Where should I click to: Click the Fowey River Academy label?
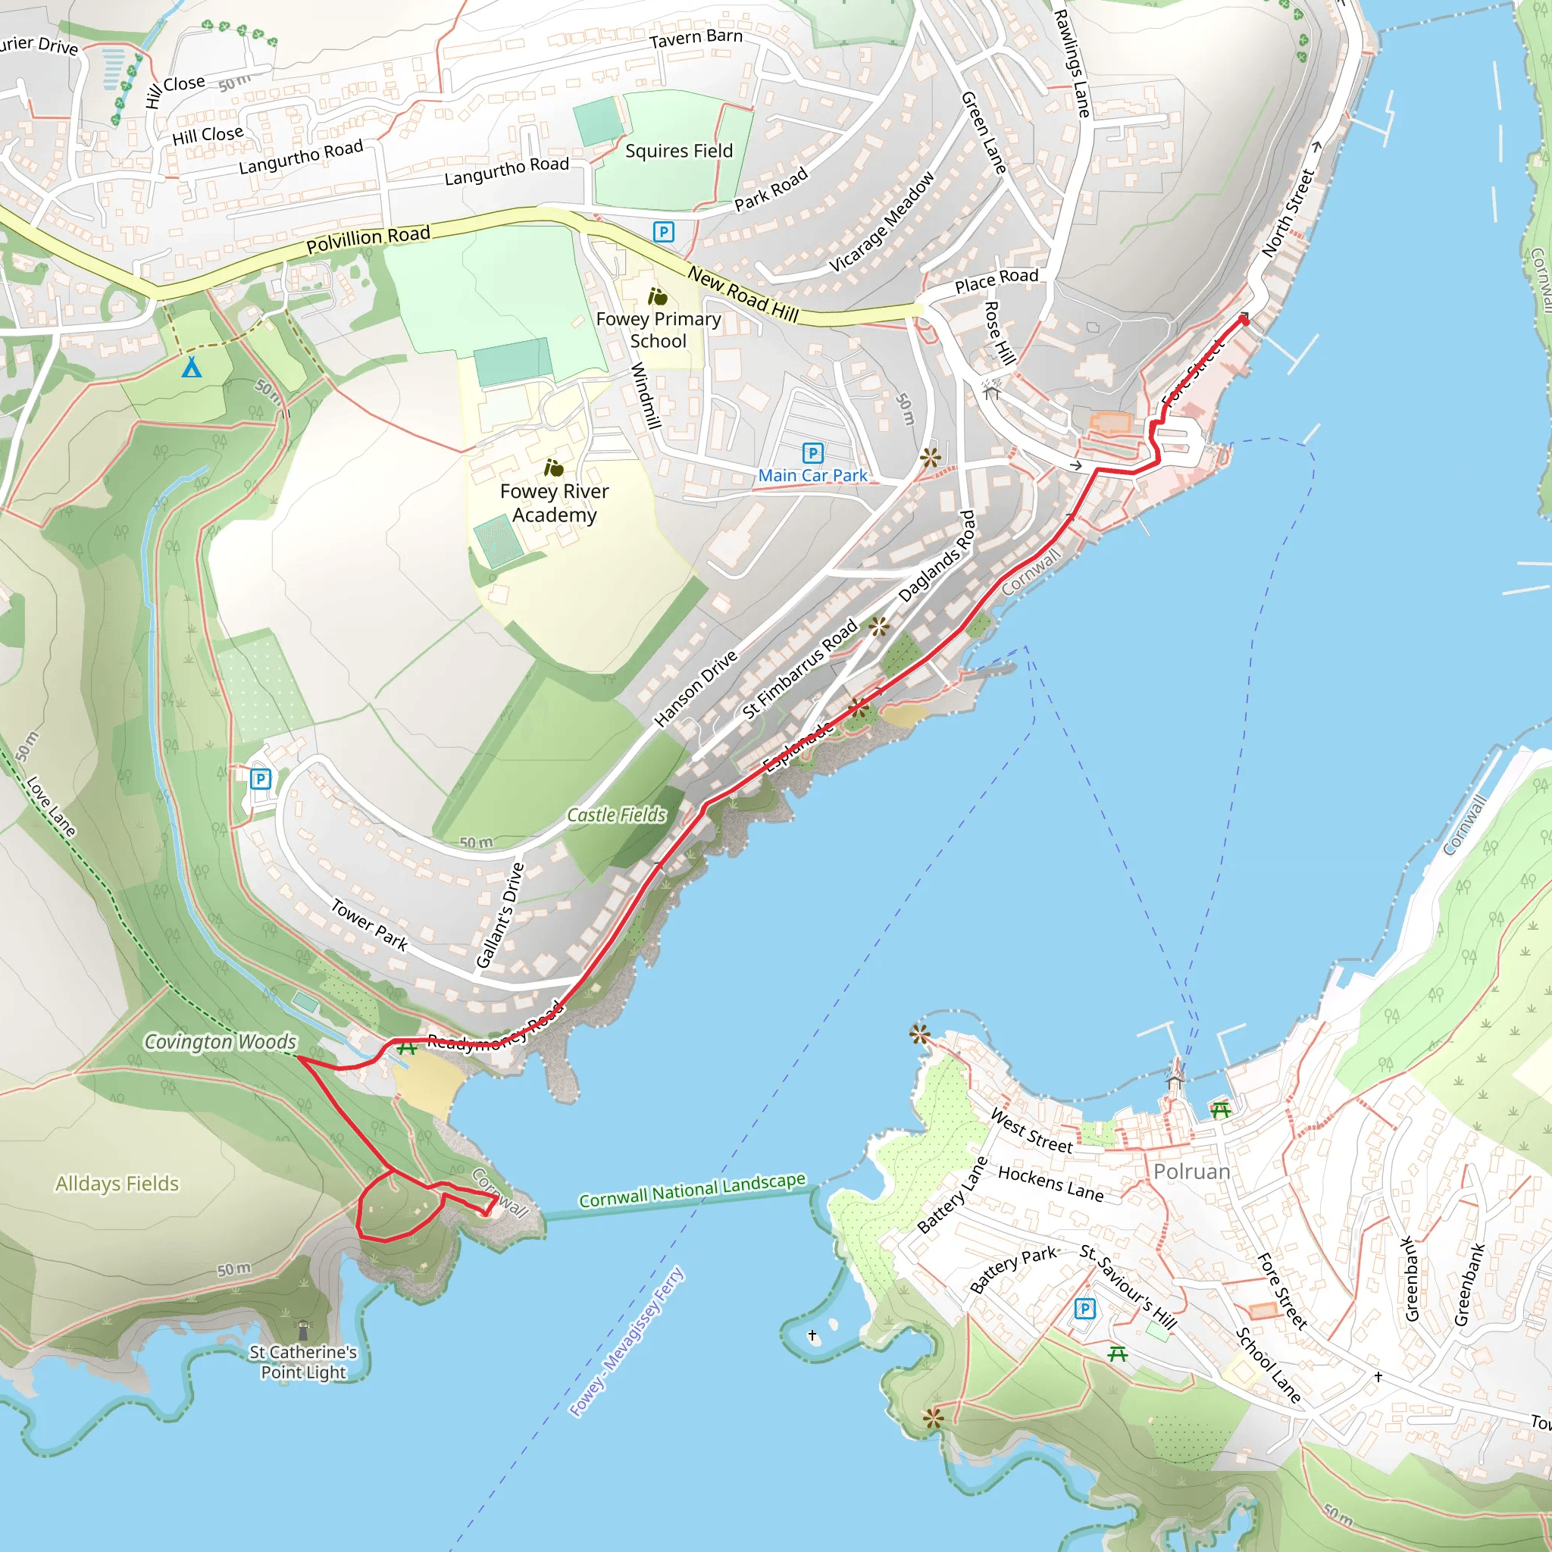(554, 503)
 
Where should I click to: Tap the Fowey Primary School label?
(658, 330)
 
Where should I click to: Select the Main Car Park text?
(812, 476)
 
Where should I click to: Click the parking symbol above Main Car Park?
(812, 453)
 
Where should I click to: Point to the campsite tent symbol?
(191, 368)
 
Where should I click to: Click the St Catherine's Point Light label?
(303, 1362)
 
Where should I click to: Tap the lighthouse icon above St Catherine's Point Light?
(303, 1329)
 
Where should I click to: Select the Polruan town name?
(1191, 1172)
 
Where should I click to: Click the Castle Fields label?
(616, 815)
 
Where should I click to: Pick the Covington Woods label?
(220, 1042)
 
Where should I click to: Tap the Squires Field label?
(679, 151)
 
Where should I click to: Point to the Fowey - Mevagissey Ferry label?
(627, 1341)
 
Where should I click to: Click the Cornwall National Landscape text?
(692, 1190)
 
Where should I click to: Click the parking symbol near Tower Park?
(260, 778)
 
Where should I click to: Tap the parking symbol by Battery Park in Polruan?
(1084, 1309)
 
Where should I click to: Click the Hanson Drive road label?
(695, 688)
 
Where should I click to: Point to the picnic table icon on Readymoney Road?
(406, 1048)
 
